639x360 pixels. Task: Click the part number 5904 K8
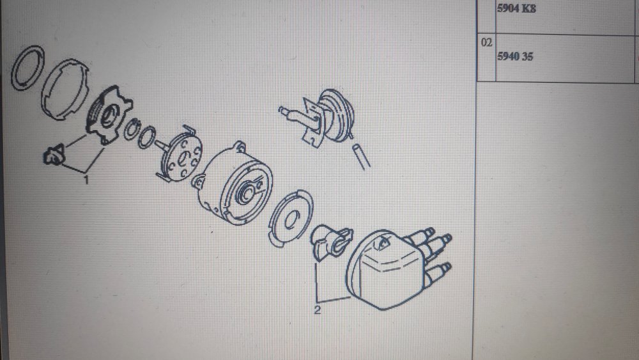pos(516,8)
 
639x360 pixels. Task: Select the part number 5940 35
pos(514,57)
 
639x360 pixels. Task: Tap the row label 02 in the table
pos(486,42)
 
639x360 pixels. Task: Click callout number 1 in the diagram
pos(86,180)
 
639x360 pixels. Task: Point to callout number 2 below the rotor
pos(318,310)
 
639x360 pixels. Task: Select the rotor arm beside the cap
pos(331,242)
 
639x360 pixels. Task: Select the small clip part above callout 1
pos(54,155)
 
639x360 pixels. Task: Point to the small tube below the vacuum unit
pos(361,156)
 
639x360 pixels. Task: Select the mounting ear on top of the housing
pos(240,147)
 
